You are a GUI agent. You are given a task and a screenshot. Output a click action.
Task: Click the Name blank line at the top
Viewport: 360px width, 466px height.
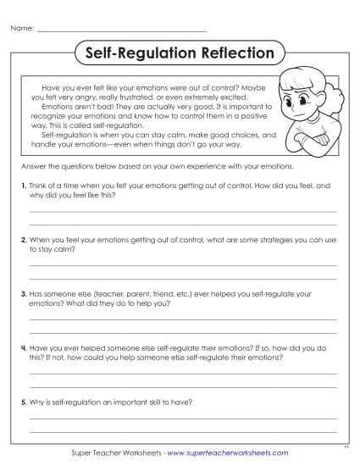point(123,31)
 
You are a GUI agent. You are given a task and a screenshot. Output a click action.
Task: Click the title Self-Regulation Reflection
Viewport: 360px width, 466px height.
point(180,53)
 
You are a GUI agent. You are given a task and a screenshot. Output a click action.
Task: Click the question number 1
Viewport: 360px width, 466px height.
point(23,185)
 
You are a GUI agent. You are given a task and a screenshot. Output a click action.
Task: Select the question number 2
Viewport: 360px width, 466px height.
point(23,240)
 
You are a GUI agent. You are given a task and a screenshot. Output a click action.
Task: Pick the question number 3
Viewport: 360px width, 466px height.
point(23,293)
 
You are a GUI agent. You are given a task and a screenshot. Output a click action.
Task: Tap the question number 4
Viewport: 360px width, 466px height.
point(23,347)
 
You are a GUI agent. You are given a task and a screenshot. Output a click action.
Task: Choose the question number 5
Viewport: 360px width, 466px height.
point(23,401)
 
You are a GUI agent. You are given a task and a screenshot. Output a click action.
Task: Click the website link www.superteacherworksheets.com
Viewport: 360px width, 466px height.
point(228,453)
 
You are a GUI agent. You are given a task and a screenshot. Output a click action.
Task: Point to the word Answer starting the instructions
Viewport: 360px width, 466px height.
point(32,167)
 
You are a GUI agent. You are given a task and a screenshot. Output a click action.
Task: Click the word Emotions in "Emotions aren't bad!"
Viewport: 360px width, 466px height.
point(57,107)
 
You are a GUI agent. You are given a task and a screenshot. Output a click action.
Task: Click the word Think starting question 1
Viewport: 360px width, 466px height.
point(39,185)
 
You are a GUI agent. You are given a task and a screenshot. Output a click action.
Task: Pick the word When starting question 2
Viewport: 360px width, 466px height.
point(40,240)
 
